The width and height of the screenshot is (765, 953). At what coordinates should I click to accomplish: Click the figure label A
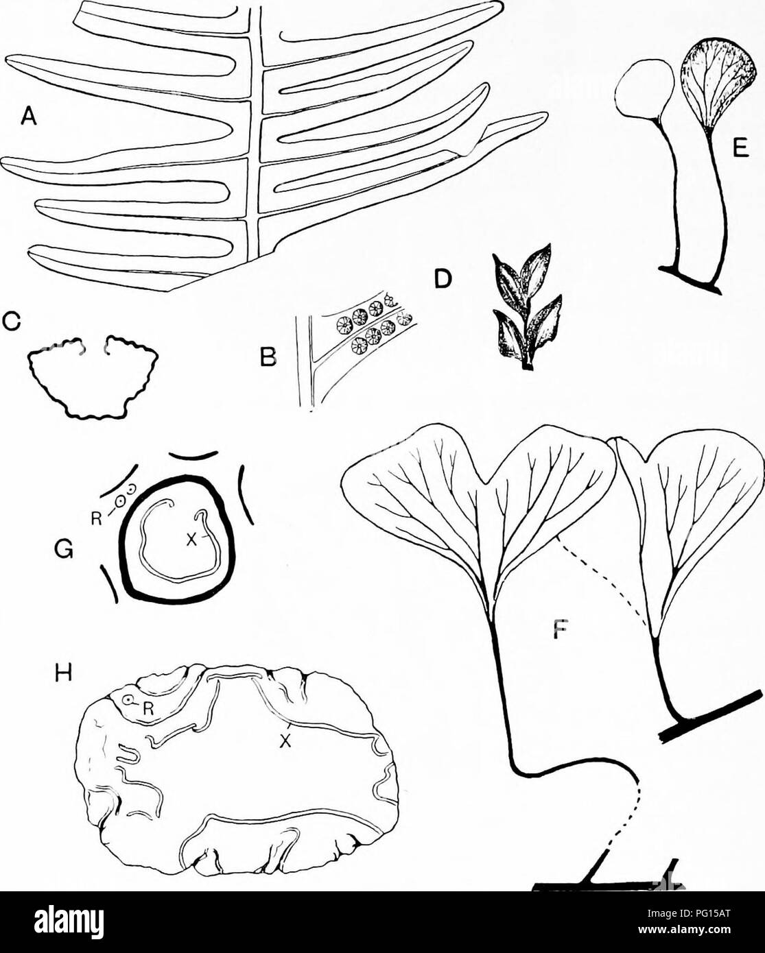28,118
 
